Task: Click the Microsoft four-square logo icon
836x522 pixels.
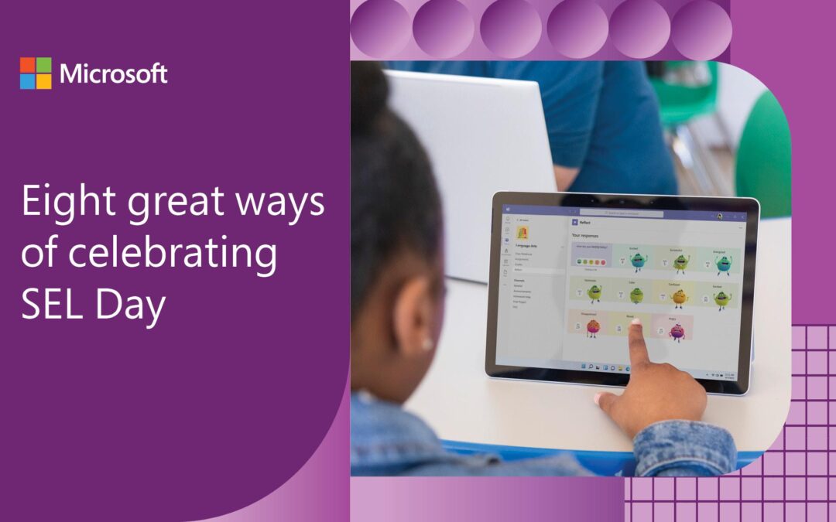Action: click(36, 73)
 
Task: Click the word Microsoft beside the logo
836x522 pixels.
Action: click(113, 74)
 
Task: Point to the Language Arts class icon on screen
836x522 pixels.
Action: click(522, 232)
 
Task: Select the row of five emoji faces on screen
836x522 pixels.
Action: click(591, 262)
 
